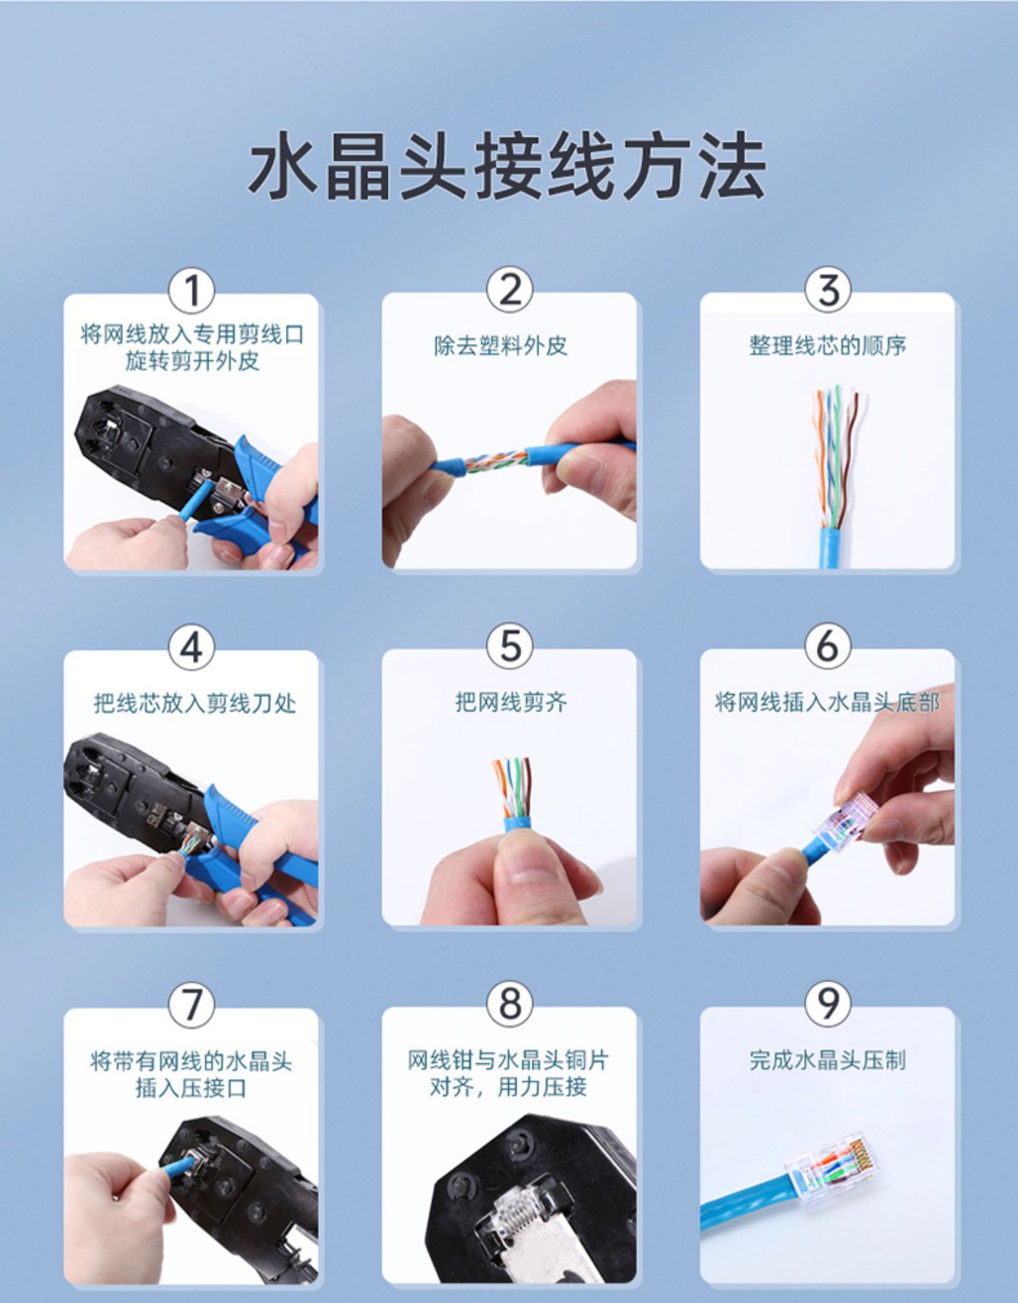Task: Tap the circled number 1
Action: [x=191, y=291]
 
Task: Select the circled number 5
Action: [x=510, y=645]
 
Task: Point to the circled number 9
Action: [x=827, y=1002]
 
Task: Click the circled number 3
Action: [x=827, y=290]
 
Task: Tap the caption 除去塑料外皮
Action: [x=501, y=345]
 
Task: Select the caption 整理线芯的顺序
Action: [x=827, y=345]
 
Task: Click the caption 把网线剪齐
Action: [x=510, y=702]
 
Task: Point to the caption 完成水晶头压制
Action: [x=827, y=1059]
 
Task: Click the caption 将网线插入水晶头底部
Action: [x=827, y=702]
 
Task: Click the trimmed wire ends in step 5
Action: [x=511, y=786]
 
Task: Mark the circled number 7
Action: [x=191, y=1004]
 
